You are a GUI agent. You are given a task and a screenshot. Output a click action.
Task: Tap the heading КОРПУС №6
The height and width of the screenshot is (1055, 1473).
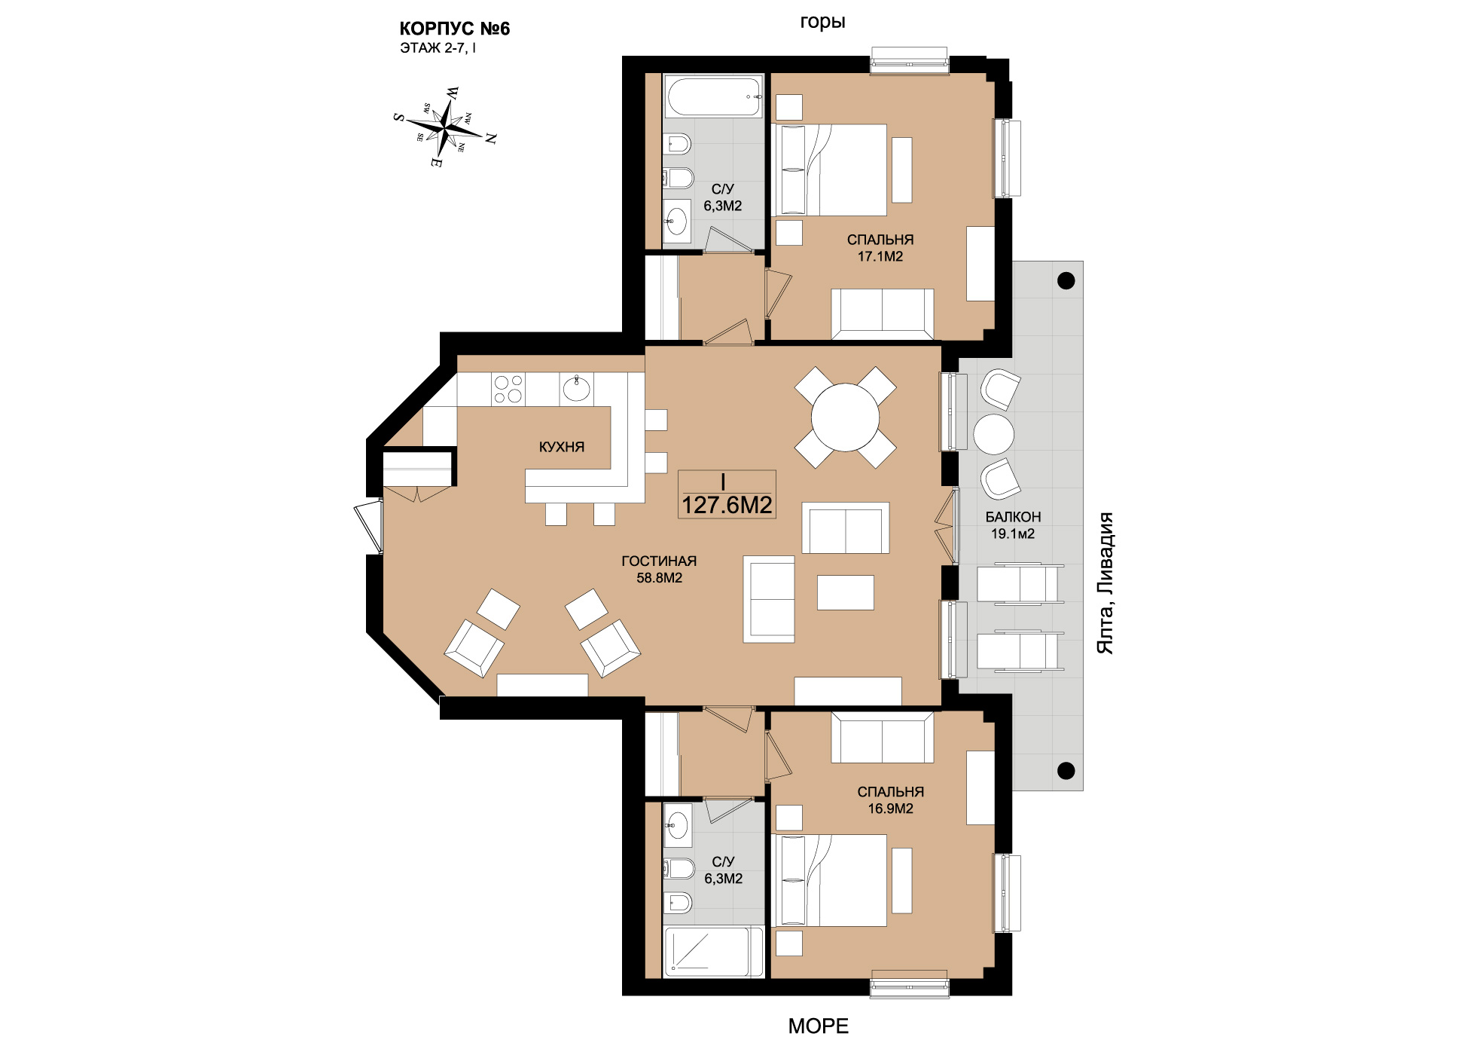point(454,29)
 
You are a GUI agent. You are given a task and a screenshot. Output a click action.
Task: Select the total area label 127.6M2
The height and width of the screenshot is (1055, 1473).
point(727,505)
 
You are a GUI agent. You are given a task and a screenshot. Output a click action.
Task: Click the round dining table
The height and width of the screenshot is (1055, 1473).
point(845,417)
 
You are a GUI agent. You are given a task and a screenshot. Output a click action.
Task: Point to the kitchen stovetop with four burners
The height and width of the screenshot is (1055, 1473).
point(508,390)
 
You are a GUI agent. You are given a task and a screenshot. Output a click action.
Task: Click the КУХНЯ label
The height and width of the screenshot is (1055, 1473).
point(562,447)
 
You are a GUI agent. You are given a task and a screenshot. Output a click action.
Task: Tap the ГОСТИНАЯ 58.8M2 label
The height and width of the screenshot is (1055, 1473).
point(659,570)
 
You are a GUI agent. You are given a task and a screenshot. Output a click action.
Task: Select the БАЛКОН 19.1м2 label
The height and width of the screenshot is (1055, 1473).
point(1013,525)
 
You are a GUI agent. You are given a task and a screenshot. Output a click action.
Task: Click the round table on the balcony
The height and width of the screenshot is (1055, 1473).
point(994,434)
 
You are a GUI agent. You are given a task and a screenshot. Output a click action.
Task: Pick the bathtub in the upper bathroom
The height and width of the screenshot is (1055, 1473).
point(712,96)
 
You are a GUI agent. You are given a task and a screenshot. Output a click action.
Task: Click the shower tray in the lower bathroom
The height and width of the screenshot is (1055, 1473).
point(712,951)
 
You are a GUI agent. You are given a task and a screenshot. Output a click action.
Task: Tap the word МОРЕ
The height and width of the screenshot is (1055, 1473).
point(819,1026)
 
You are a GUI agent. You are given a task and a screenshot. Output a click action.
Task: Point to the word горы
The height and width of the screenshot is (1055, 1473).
point(822,23)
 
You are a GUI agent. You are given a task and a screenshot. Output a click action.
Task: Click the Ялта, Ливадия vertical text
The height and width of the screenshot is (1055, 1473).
point(1105,583)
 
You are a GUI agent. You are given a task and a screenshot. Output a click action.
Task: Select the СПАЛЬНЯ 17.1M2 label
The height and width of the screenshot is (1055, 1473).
point(880,248)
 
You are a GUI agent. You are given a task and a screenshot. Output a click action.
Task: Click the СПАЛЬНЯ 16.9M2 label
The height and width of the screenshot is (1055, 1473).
point(891,800)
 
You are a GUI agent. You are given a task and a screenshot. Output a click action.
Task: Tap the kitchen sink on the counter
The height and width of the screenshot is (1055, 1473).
point(577,390)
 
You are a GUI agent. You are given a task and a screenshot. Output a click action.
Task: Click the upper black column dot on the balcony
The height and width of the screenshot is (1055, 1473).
point(1066,280)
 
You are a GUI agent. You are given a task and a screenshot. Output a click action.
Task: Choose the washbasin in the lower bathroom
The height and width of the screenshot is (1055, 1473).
point(678,824)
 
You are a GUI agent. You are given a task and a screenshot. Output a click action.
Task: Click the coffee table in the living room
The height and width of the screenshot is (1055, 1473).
point(846,592)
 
